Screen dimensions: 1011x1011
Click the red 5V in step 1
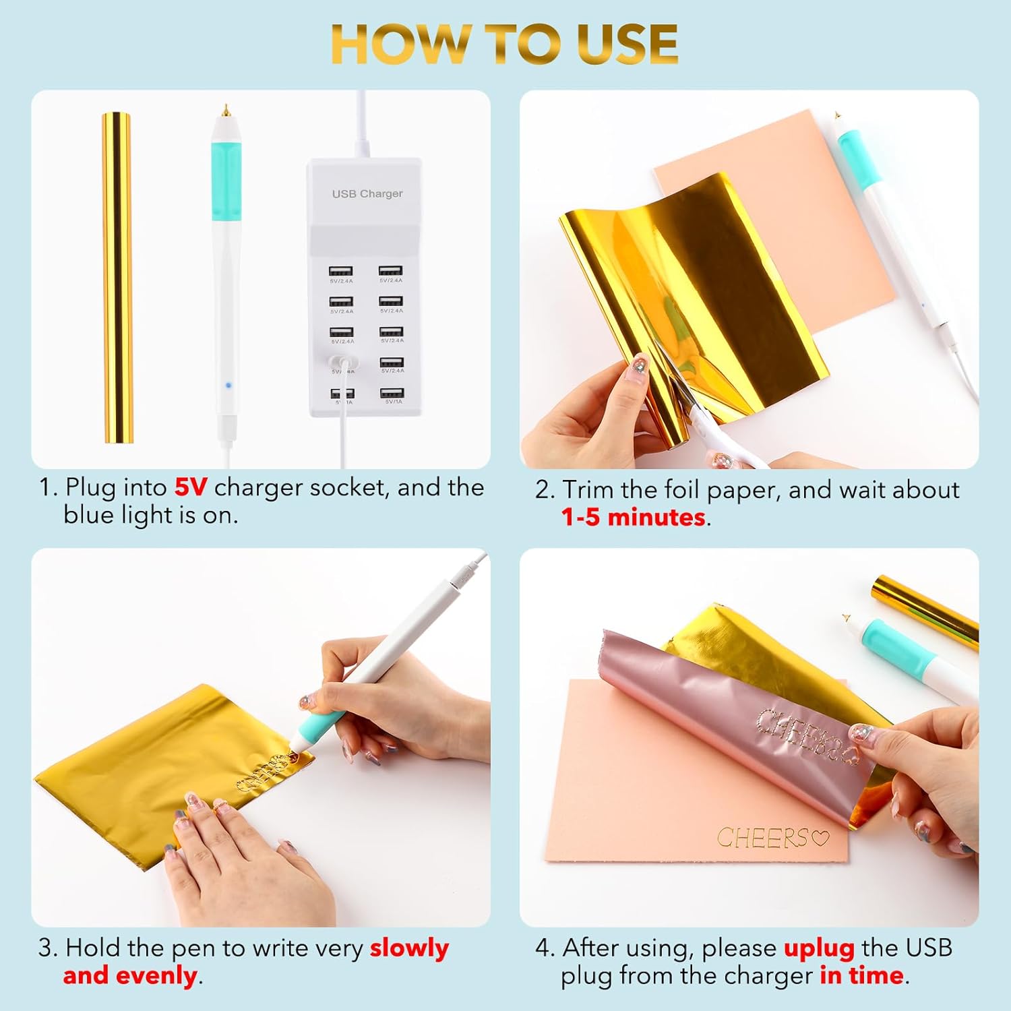point(191,487)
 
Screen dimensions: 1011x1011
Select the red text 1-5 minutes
point(634,517)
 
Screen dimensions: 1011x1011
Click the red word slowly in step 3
point(409,948)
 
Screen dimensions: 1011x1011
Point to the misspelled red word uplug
point(819,948)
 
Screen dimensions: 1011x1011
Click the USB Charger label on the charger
point(367,193)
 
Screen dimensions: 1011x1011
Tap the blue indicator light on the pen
point(228,386)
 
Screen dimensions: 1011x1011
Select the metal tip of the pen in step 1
point(226,109)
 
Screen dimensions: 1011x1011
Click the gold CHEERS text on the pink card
point(762,838)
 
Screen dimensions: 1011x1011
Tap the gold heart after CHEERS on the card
point(820,838)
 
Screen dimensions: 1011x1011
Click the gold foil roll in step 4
point(927,610)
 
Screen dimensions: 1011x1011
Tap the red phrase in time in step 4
point(861,975)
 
